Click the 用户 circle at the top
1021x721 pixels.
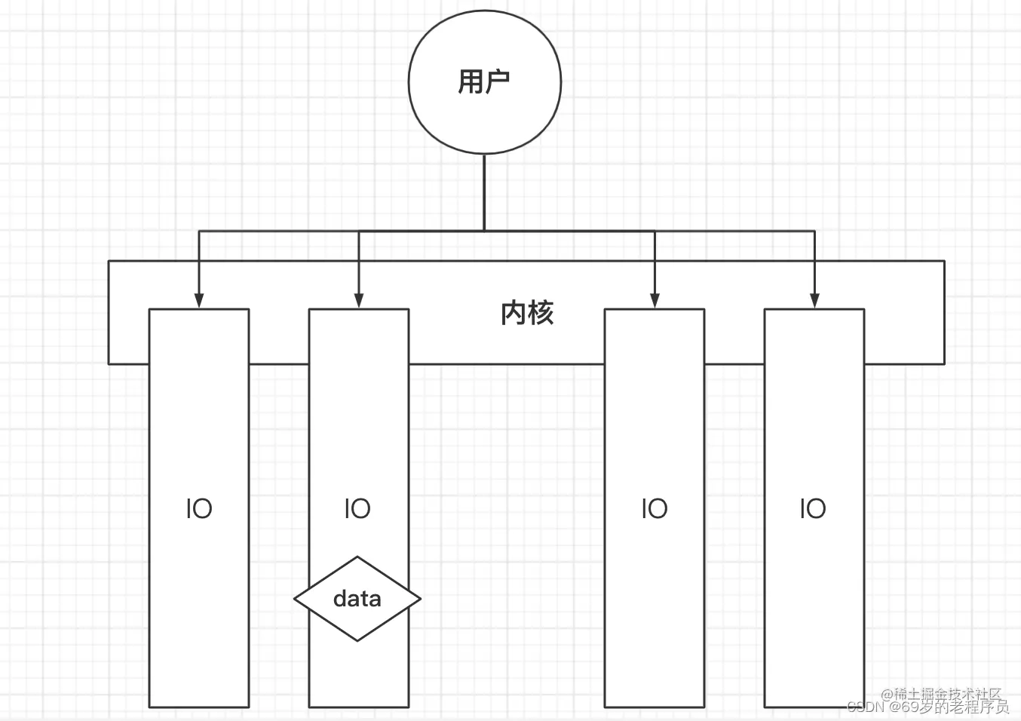(484, 113)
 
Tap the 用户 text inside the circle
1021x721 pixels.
(484, 81)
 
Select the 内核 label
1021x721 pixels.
(527, 313)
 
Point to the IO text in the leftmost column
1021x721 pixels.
(199, 509)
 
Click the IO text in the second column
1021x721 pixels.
(357, 509)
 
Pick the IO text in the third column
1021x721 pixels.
(655, 509)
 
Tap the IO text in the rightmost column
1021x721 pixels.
(813, 509)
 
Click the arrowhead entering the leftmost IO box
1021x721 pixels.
(199, 300)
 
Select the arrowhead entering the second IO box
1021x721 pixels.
(359, 300)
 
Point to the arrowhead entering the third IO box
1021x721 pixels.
(655, 300)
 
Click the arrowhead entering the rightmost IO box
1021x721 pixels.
(814, 300)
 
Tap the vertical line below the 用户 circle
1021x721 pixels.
(484, 192)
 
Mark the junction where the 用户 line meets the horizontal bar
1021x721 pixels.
(484, 231)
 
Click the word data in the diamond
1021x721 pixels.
(357, 599)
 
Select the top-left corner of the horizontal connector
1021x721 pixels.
(199, 231)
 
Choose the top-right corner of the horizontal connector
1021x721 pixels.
(814, 231)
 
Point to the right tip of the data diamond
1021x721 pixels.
(420, 599)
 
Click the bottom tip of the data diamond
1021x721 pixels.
(357, 640)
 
